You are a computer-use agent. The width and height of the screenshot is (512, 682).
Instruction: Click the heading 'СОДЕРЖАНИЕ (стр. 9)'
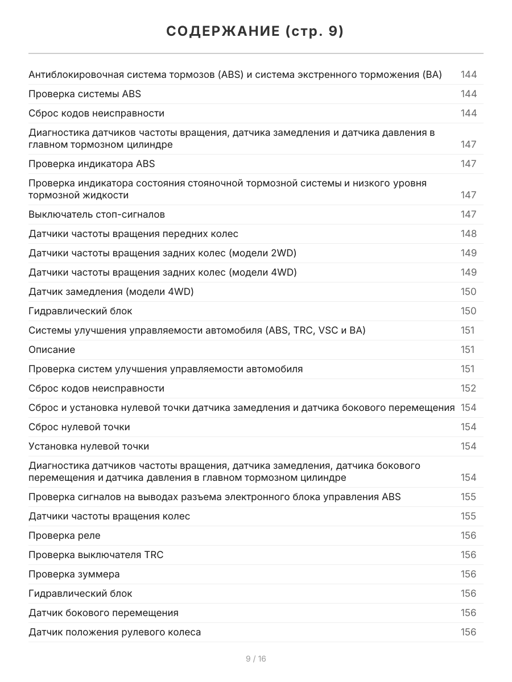[x=255, y=32]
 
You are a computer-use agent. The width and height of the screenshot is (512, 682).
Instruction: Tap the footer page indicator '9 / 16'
[x=255, y=659]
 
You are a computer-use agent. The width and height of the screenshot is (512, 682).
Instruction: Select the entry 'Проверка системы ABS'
[x=85, y=94]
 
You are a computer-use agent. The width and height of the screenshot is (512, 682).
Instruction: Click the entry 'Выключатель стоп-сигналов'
[x=97, y=214]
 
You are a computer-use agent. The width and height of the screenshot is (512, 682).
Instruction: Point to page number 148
[x=468, y=234]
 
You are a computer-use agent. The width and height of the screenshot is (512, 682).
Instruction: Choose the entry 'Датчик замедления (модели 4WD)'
[x=111, y=292]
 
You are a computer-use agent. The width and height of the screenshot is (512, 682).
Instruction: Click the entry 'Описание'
[x=52, y=350]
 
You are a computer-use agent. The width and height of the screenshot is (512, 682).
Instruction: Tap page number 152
[x=468, y=388]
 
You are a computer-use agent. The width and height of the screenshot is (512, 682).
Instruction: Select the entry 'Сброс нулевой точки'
[x=79, y=427]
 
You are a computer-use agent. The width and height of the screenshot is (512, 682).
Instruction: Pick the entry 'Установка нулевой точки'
[x=89, y=446]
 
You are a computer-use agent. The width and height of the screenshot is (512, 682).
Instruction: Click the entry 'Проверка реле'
[x=64, y=535]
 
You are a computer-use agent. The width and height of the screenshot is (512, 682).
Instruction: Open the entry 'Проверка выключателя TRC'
[x=96, y=555]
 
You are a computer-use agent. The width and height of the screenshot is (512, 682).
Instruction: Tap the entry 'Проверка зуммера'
[x=74, y=574]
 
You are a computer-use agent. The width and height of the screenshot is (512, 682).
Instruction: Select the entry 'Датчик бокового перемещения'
[x=104, y=613]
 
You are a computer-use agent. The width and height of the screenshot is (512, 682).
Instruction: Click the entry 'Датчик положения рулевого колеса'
[x=114, y=632]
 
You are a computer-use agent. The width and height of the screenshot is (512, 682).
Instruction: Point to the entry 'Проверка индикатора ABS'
[x=92, y=164]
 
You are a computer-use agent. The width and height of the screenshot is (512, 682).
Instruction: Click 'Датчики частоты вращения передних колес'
[x=133, y=234]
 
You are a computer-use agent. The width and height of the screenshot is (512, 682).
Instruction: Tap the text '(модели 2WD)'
[x=262, y=253]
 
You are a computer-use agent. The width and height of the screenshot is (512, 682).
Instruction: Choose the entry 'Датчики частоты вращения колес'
[x=109, y=516]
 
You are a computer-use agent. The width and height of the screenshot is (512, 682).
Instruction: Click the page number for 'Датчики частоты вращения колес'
[x=468, y=516]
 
